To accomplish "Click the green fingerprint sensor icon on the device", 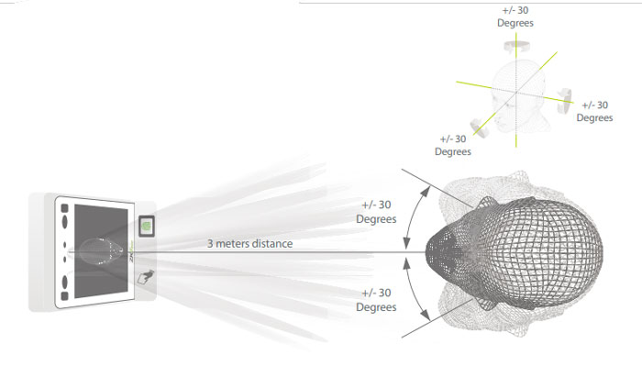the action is coord(146,226).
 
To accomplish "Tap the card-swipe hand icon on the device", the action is coord(146,277).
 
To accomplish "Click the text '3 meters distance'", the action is coord(249,244).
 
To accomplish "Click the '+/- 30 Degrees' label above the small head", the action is coord(515,17).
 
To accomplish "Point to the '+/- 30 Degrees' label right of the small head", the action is coord(594,111).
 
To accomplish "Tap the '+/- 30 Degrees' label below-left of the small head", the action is coord(453,145).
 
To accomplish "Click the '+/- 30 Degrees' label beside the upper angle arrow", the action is coord(376,212).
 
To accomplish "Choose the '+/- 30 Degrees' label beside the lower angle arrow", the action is coord(376,300).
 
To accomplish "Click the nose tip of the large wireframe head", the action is coord(427,251).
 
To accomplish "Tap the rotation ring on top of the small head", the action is coord(516,46).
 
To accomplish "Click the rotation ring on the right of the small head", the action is coord(564,101).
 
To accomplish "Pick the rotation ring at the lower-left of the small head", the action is coord(479,128).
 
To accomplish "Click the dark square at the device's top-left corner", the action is coord(64,208).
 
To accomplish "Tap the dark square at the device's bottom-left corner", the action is coord(64,295).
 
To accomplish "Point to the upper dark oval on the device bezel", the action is coord(64,221).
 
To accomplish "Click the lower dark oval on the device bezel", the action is coord(64,283).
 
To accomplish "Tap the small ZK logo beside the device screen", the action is coord(131,251).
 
